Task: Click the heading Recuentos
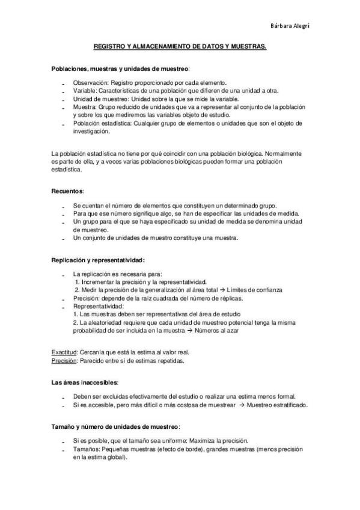pos(67,191)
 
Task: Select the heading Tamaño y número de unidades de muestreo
pos(115,426)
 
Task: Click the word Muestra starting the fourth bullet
pos(84,106)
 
